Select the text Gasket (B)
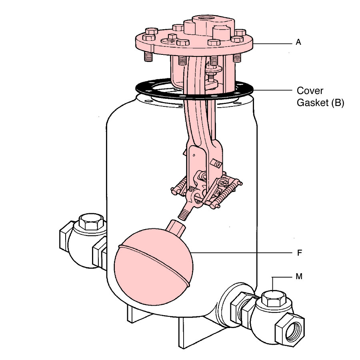(x=320, y=102)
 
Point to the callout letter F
(x=299, y=253)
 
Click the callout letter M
(x=299, y=276)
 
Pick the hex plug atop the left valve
(x=91, y=221)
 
